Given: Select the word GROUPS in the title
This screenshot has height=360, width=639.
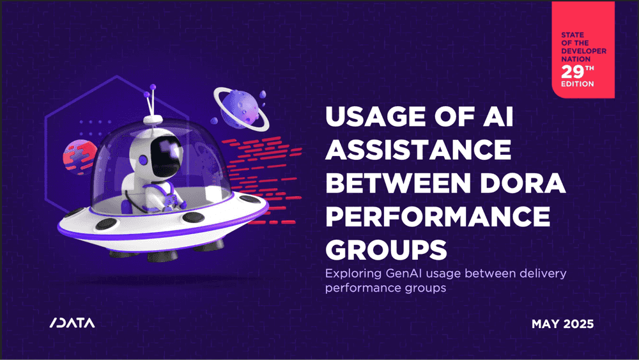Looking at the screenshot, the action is [386, 249].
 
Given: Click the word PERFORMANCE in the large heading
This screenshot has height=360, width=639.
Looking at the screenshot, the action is [438, 216].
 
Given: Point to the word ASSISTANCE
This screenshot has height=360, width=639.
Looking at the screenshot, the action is [418, 150].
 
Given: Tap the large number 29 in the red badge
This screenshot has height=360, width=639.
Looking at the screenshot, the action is [573, 72].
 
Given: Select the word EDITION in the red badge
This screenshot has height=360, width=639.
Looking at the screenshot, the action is [578, 84].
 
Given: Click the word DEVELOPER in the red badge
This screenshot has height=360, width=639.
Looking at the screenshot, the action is [583, 51].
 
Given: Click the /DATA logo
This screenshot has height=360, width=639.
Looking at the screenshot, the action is [72, 323].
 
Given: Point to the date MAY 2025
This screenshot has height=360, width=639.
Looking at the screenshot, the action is [562, 324].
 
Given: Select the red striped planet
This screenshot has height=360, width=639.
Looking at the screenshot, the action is [79, 156].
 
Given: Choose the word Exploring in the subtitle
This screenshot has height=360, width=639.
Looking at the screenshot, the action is [353, 274].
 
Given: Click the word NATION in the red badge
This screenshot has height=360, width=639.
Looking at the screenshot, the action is [576, 59].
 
